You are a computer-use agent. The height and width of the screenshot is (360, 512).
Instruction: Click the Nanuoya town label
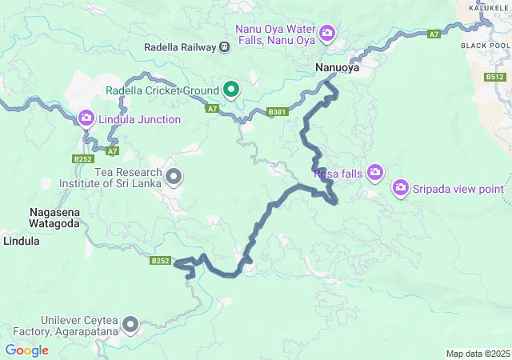337,69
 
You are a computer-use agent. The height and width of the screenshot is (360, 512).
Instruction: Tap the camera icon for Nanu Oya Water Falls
326,33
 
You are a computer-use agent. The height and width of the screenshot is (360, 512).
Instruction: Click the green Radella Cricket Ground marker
231,89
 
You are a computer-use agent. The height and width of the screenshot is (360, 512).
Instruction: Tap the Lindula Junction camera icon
86,119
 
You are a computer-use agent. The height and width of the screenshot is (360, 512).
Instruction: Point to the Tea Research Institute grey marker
173,175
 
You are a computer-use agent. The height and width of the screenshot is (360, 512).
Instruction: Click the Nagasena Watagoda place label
54,218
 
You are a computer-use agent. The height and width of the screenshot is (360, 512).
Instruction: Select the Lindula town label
22,240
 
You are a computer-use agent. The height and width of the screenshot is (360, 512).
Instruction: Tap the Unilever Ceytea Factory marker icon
130,324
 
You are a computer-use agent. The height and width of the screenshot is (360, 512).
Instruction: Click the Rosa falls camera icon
374,173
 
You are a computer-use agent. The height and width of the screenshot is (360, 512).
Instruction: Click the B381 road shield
278,112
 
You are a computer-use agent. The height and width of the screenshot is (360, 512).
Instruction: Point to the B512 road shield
496,78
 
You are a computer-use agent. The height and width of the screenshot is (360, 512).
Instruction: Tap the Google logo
26,350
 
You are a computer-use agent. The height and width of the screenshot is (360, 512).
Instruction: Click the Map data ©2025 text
477,354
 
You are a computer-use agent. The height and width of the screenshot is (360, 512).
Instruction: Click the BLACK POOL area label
485,46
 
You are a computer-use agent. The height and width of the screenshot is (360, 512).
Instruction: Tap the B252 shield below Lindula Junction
83,159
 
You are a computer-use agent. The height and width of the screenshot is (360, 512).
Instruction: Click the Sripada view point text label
458,189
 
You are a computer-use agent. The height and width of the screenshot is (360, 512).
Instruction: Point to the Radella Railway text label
180,47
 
